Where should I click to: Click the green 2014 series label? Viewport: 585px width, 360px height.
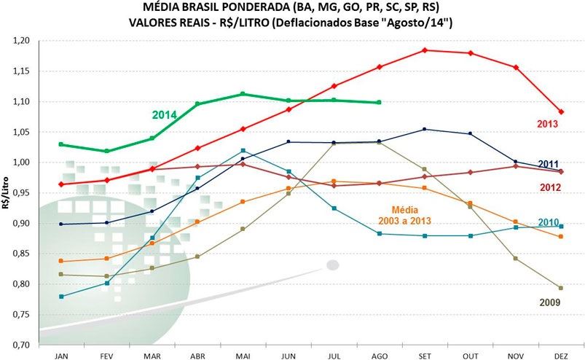coord(165,114)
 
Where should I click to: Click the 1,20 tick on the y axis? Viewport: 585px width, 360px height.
coord(22,41)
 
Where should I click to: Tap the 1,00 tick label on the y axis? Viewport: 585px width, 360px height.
coord(22,163)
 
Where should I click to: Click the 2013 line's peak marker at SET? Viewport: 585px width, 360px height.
coord(424,50)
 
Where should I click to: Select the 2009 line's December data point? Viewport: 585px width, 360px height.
coord(561,288)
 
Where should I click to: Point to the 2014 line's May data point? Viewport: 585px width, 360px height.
coord(243,94)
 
